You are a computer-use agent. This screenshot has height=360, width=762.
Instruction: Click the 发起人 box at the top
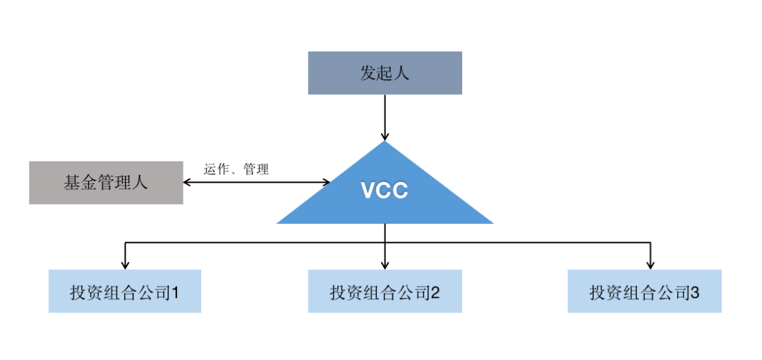click(x=385, y=73)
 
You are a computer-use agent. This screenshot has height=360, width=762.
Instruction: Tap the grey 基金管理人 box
click(x=106, y=183)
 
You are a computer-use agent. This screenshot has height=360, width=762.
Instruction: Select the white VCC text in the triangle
click(x=385, y=191)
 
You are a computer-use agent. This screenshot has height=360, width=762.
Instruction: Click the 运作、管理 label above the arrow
click(x=236, y=169)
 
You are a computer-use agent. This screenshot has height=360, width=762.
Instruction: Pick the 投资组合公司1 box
click(x=125, y=292)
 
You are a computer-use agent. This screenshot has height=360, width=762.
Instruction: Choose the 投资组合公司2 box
click(x=385, y=292)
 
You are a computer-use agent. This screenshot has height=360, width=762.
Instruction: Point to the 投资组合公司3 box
click(x=644, y=292)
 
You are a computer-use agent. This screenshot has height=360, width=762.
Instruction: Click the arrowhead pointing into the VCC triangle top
click(x=385, y=136)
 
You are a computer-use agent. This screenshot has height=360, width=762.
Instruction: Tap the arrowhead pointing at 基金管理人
click(x=188, y=182)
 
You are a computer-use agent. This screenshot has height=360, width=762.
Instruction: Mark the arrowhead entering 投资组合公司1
click(x=125, y=265)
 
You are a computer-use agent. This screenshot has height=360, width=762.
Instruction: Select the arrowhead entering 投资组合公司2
click(x=385, y=265)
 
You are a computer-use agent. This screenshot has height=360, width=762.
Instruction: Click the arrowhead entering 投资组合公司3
click(x=650, y=265)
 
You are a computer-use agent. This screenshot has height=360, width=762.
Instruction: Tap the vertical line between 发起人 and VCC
click(x=385, y=113)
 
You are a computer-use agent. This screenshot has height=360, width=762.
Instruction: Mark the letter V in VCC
click(x=368, y=191)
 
